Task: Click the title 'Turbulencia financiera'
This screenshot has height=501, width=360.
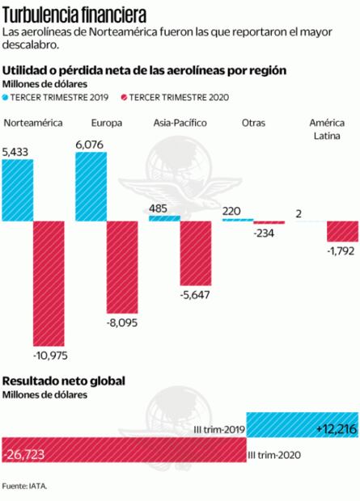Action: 74,14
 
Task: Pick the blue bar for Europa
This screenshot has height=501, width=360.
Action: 91,185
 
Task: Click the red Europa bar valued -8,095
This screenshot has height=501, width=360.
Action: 121,266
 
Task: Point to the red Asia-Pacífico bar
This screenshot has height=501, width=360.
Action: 195,251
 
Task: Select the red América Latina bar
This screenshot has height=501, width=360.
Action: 342,231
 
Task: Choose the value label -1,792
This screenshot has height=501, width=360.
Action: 343,250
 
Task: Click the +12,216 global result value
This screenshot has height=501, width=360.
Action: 335,426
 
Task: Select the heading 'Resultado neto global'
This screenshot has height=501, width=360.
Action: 64,381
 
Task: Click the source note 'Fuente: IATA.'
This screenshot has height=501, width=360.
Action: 25,486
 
